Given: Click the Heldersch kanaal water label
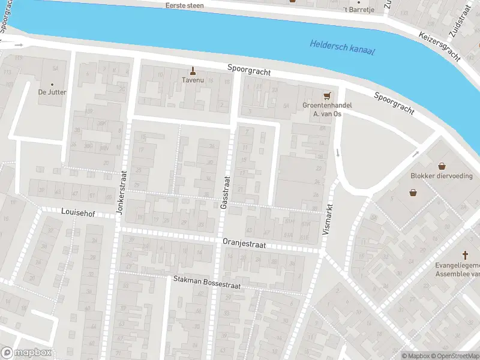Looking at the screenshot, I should [x=342, y=47].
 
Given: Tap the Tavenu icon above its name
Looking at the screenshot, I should [x=193, y=70].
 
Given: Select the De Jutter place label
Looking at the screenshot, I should [x=52, y=92].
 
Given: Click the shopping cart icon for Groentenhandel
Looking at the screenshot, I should [x=327, y=95].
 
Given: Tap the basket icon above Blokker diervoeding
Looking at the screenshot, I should [x=442, y=166].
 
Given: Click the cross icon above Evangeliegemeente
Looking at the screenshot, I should [x=465, y=254].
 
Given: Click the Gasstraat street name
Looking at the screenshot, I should [x=226, y=193].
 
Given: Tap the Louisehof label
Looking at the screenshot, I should [x=79, y=212].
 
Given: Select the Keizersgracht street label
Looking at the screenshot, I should [x=440, y=46].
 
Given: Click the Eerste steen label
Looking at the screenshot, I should [x=184, y=5].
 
